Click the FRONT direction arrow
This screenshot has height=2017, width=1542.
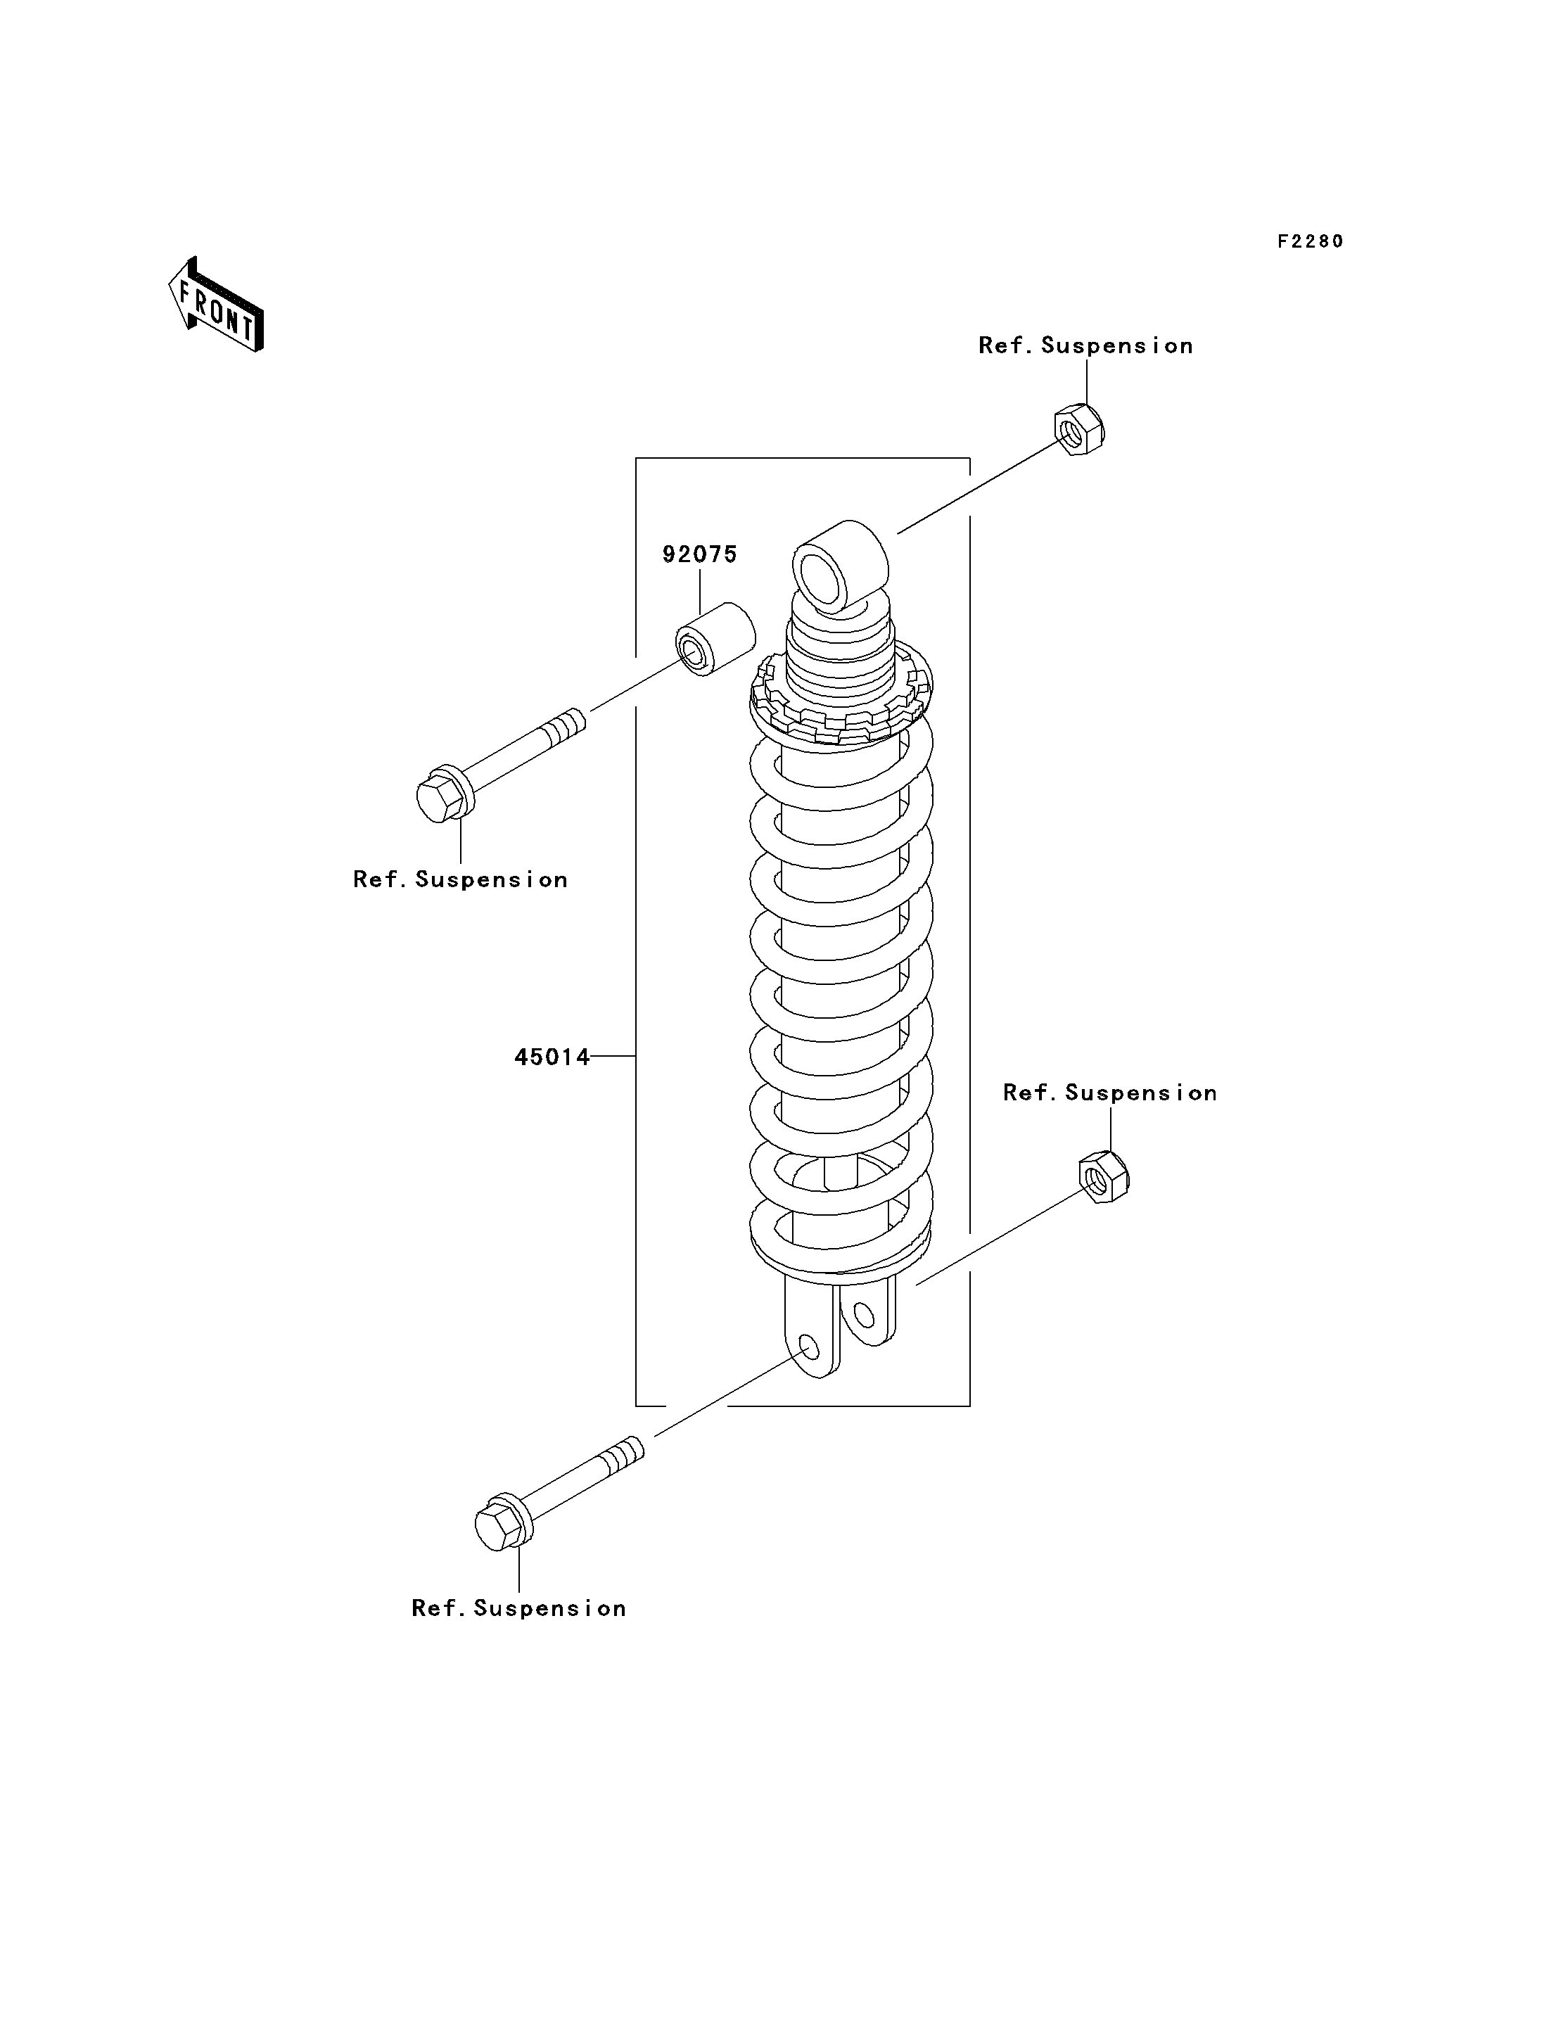(x=217, y=305)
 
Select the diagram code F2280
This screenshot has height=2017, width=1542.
(x=1311, y=241)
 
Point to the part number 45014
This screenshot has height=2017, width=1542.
(x=552, y=1057)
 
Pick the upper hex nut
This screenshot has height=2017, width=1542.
(x=1079, y=428)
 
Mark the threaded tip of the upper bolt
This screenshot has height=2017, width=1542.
(x=564, y=725)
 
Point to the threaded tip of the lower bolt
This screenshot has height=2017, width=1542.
(x=624, y=1453)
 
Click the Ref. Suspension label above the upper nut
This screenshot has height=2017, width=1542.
(x=1086, y=346)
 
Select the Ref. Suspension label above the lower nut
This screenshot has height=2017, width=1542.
(x=1109, y=1093)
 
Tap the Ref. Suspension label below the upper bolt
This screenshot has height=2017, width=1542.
(x=461, y=879)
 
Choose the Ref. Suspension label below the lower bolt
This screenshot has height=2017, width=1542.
(x=519, y=1608)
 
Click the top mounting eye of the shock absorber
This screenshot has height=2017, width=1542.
(x=840, y=566)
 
